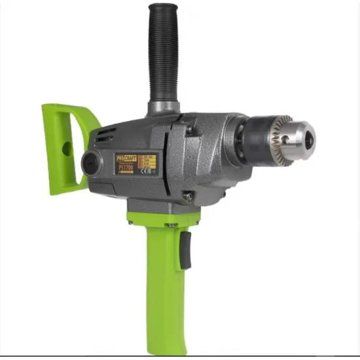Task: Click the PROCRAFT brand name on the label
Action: point(126,159)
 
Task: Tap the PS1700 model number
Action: point(126,168)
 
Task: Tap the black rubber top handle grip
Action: point(163,59)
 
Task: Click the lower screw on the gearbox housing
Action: point(187,196)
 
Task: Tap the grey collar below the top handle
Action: point(163,107)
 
